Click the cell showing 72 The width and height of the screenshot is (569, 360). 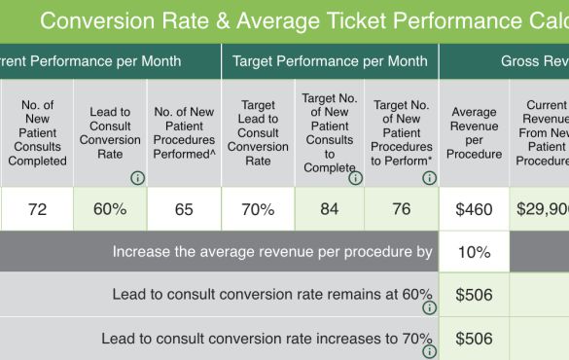38,209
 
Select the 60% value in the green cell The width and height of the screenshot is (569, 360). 110,209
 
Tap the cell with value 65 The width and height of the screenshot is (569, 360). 184,209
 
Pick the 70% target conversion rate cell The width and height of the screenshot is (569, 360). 258,209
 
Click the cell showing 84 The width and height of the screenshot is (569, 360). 330,209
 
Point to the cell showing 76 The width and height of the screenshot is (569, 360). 402,209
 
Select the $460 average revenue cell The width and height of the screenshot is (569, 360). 474,209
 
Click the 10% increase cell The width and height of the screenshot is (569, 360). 474,252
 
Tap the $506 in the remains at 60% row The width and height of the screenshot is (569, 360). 474,296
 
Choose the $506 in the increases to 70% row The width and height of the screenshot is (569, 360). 474,339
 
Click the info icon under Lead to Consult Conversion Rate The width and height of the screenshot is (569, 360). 137,178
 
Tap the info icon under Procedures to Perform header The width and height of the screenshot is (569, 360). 429,178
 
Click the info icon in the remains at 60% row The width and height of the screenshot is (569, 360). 429,307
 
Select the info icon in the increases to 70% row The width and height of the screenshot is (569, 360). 429,350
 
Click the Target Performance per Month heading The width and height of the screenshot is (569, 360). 330,61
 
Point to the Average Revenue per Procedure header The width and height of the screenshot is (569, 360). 474,133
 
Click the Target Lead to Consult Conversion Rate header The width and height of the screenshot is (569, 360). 258,133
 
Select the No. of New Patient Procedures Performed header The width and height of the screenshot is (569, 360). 184,133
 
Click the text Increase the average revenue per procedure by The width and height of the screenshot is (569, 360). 272,252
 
